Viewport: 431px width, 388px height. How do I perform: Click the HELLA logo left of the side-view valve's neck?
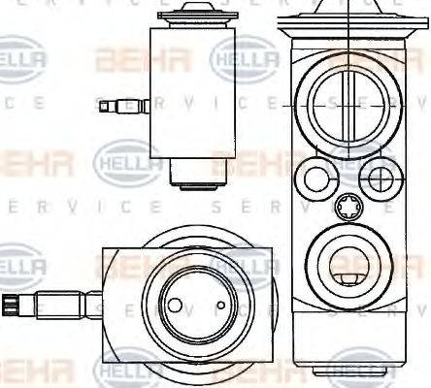pyautogui.click(x=121, y=160)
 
